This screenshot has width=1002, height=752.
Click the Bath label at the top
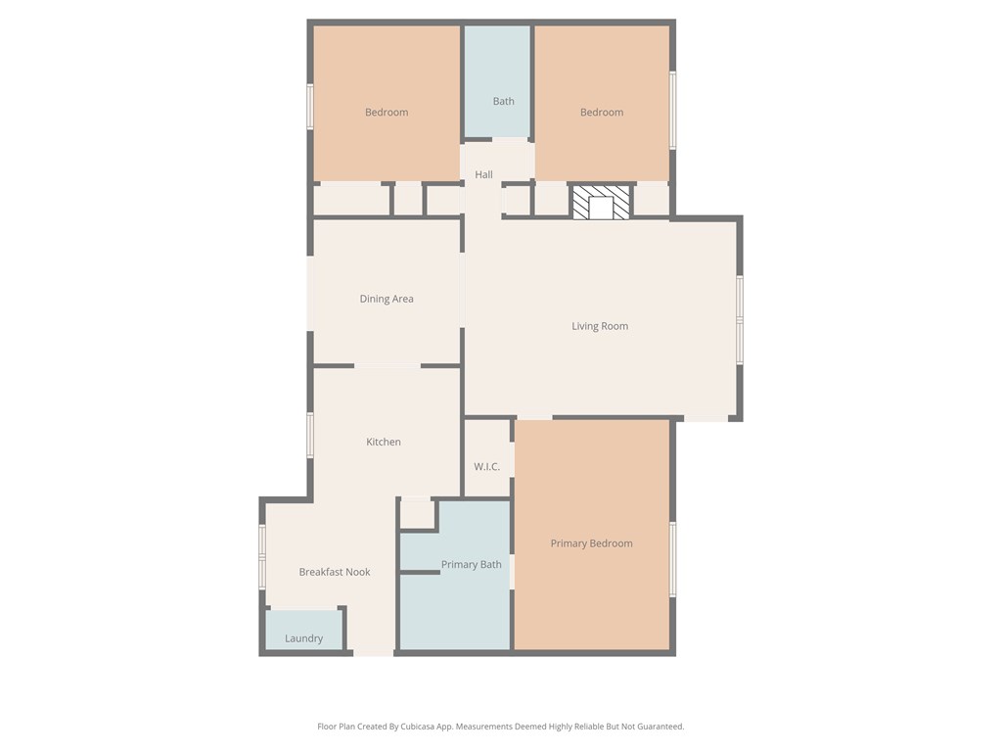point(503,101)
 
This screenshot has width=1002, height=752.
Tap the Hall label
point(483,174)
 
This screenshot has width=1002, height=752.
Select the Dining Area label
point(387,299)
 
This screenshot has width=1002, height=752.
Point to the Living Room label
point(600,326)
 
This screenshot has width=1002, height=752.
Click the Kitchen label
point(384,442)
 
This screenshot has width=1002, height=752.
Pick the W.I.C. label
point(487,466)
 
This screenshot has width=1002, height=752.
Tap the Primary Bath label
point(471,564)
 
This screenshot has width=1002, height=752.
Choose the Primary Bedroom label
point(591,543)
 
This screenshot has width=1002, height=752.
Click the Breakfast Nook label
point(335,572)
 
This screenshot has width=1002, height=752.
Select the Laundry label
point(303,638)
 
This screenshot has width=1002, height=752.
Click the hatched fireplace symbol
point(601,203)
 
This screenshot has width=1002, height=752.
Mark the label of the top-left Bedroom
point(387,112)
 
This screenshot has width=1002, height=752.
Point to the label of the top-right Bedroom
point(602,112)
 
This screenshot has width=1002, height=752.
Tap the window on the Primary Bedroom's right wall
point(672,559)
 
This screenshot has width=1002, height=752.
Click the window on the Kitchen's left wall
point(310,435)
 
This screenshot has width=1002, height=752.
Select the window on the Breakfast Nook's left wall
point(262,557)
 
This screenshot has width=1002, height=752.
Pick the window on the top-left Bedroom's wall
point(310,106)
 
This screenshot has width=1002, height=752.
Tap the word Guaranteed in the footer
point(658,727)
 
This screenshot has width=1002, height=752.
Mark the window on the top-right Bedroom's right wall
point(672,110)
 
